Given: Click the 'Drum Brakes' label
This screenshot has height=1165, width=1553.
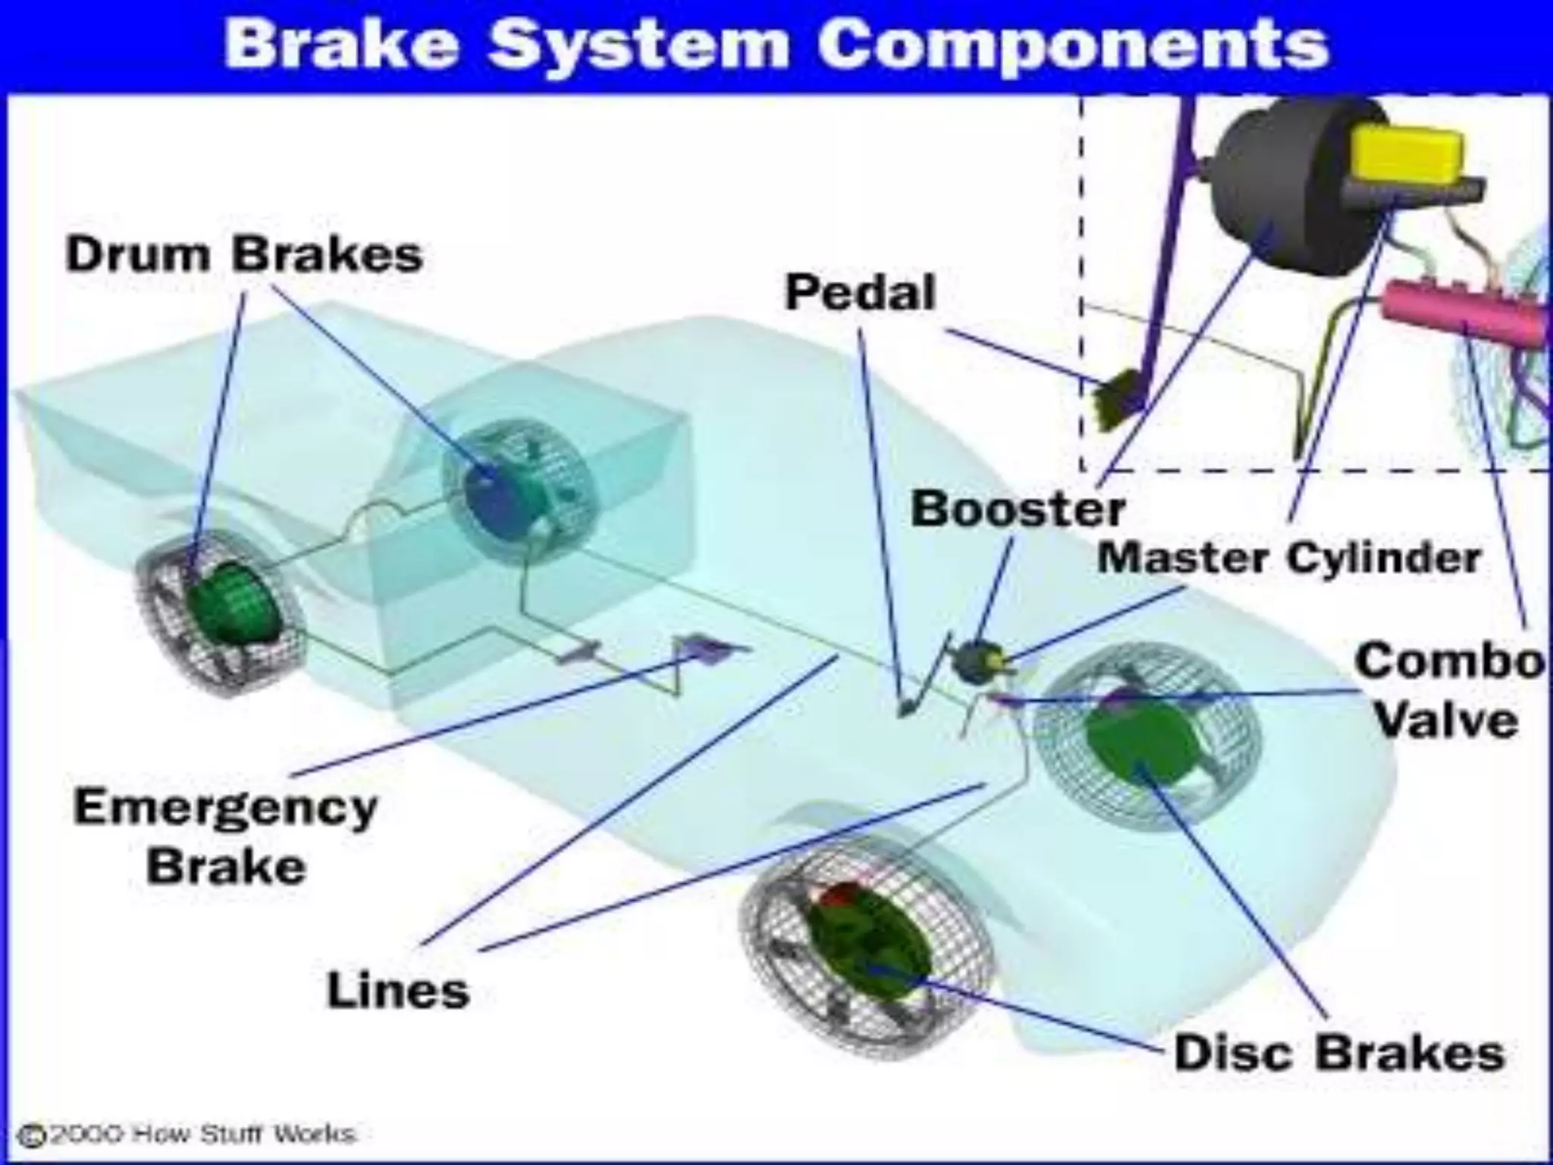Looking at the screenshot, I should (244, 255).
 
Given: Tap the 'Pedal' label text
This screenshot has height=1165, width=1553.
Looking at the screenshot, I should (860, 294).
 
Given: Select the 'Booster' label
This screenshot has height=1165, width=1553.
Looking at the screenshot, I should (1018, 509).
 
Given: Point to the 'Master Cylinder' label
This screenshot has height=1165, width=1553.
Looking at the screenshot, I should (1288, 559).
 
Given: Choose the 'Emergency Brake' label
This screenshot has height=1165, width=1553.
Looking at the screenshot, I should (226, 837).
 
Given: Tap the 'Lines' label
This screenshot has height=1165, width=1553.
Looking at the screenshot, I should (398, 991).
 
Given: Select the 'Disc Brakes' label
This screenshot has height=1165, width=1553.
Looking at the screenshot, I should (1339, 1053).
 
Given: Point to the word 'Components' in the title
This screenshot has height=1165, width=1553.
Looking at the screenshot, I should (1072, 44).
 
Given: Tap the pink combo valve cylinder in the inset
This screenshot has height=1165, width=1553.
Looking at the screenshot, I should (1464, 311).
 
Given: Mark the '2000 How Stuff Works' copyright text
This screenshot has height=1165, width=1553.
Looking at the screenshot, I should (190, 1135).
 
